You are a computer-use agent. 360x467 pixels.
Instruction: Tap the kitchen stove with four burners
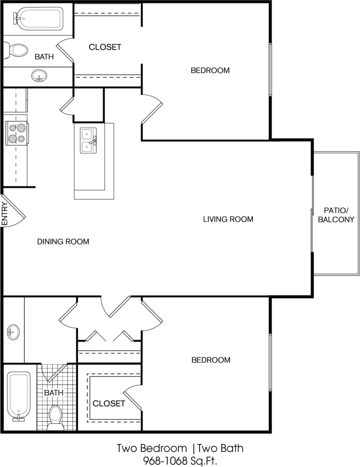click(17, 133)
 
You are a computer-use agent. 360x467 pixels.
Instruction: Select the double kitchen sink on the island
click(88, 141)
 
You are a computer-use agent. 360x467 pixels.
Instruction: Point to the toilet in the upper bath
click(16, 50)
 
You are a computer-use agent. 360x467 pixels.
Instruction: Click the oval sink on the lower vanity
click(13, 332)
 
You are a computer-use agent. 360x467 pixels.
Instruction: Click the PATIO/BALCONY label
click(336, 214)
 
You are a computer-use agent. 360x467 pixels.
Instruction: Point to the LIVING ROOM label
click(228, 219)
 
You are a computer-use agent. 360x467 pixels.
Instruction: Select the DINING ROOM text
click(63, 242)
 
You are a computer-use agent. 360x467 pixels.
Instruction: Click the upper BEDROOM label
click(210, 70)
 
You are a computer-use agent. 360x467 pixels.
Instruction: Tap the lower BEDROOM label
click(211, 360)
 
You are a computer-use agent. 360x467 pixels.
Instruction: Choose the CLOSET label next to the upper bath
click(105, 47)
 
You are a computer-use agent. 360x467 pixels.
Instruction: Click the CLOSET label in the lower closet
click(109, 403)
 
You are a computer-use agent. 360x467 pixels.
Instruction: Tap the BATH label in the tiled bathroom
click(53, 392)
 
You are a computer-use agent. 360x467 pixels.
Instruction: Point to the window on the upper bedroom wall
click(270, 70)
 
